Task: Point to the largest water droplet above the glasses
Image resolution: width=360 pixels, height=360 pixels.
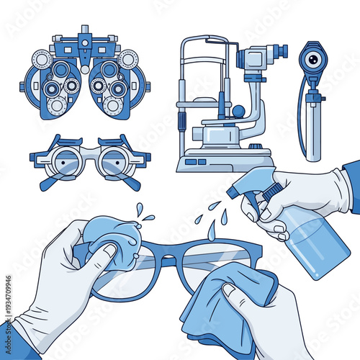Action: point(211,230)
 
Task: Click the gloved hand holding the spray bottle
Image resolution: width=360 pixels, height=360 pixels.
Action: point(302,191)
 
